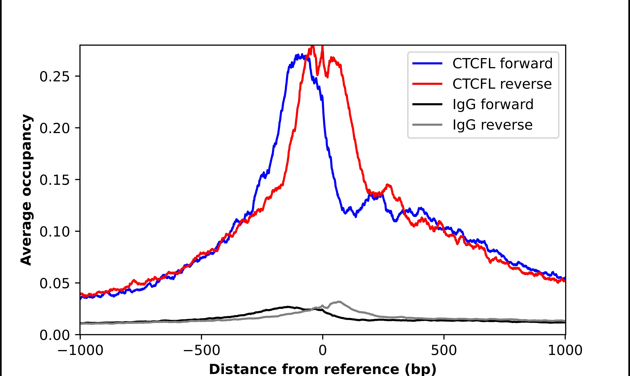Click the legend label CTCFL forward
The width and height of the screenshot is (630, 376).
pos(502,63)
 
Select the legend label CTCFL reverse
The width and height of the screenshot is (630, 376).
pos(502,84)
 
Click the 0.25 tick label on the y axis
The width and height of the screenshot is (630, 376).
pos(54,76)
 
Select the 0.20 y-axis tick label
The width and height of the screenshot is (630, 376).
pos(54,128)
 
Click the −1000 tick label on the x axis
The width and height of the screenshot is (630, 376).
pos(80,351)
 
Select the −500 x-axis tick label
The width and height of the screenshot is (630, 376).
pos(201,351)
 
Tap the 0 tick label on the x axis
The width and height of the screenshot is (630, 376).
pos(322,351)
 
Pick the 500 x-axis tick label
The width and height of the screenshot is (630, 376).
pos(444,351)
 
